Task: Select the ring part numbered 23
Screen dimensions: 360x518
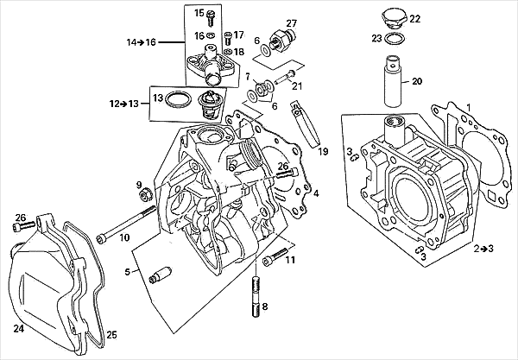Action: [393, 40]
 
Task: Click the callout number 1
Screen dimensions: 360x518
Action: [469, 108]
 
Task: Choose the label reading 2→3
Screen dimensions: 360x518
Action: [483, 249]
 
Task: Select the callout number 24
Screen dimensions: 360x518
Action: [16, 329]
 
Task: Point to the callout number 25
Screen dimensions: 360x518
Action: [111, 334]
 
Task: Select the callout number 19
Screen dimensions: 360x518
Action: [324, 152]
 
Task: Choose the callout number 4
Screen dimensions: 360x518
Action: [316, 193]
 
